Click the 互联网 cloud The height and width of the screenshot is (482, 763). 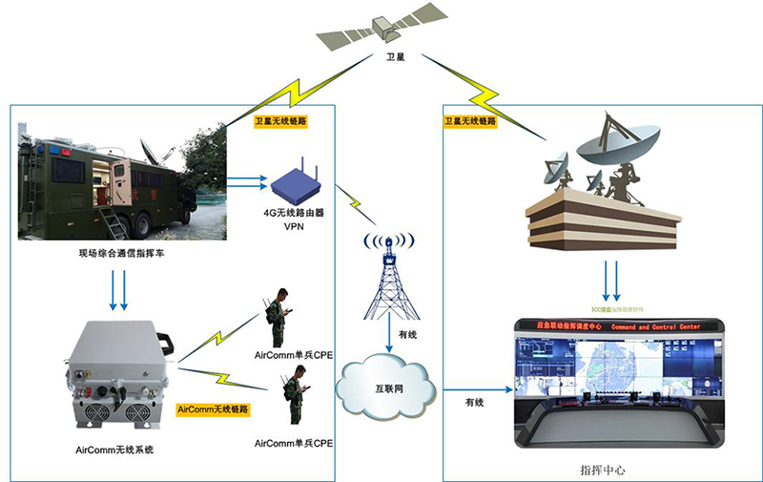click(x=385, y=388)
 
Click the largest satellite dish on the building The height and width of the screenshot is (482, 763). click(x=616, y=143)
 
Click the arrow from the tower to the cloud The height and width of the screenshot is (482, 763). click(x=389, y=334)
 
